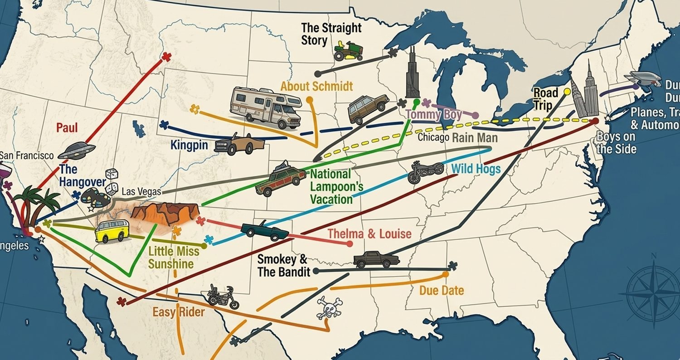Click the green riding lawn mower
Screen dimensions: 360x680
348,51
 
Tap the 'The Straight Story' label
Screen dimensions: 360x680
331,34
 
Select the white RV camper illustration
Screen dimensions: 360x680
266,107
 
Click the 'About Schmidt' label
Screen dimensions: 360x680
316,86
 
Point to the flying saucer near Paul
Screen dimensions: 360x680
76,151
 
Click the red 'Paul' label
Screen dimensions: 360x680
67,128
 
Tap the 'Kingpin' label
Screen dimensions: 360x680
189,146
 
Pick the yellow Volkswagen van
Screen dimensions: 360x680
112,231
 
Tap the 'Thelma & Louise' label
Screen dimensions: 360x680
369,234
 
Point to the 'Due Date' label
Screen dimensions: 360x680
442,290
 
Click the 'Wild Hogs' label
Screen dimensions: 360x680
476,169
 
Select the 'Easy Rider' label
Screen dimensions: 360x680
178,312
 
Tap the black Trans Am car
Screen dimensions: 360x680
376,259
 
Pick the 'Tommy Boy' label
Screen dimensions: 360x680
434,114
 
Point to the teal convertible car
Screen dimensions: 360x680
265,230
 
